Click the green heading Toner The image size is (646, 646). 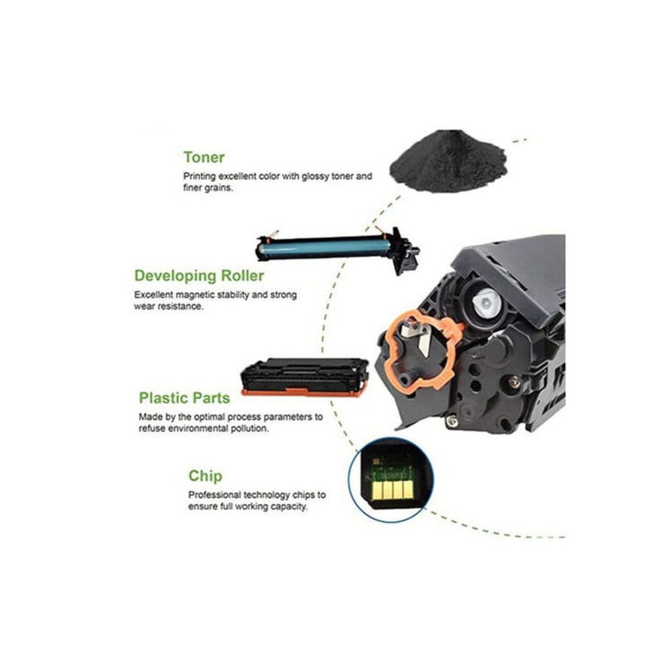click(204, 157)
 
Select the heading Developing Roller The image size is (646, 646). click(199, 276)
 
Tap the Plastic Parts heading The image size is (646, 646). click(184, 398)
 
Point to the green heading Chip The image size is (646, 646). click(205, 476)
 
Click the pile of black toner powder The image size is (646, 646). click(449, 161)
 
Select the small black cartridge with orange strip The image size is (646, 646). click(304, 377)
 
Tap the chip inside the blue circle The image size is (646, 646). click(391, 481)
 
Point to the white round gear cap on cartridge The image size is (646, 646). click(486, 303)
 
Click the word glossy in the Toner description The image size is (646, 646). click(315, 177)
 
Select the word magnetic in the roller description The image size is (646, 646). click(196, 295)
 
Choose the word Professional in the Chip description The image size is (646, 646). click(214, 494)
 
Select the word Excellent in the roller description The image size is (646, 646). click(153, 295)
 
